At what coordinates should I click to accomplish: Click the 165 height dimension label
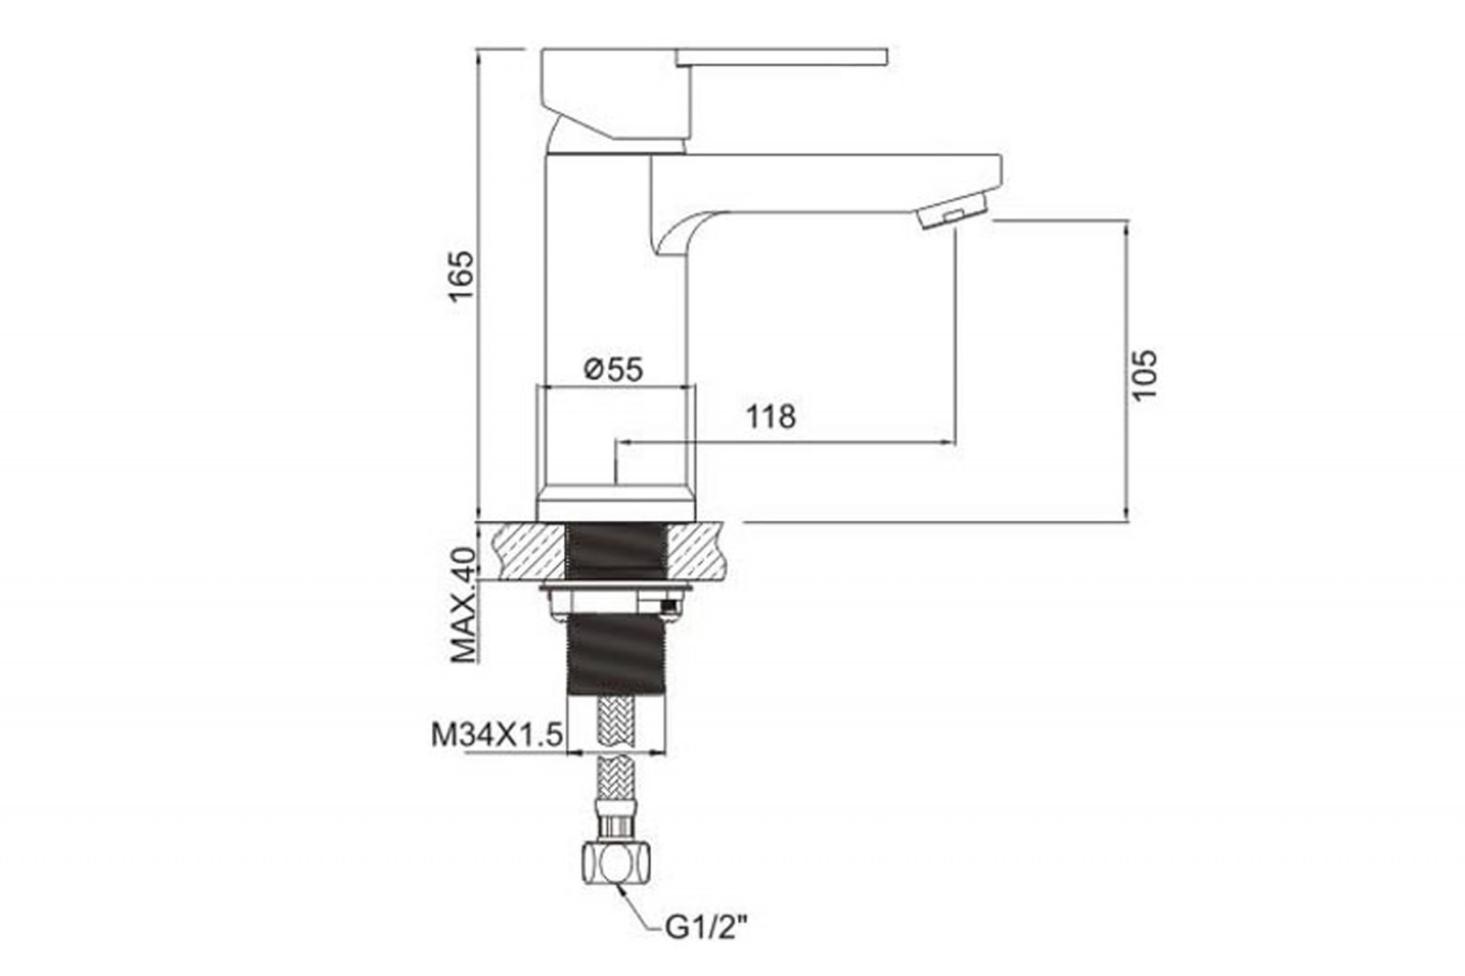[461, 276]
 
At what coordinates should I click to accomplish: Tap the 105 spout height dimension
[1145, 374]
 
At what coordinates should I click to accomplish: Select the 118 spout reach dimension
[772, 417]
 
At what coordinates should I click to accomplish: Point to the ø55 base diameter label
[613, 370]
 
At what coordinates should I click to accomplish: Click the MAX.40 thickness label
[463, 605]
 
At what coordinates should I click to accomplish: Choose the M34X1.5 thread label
[496, 734]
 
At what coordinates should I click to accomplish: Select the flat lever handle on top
[782, 57]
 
